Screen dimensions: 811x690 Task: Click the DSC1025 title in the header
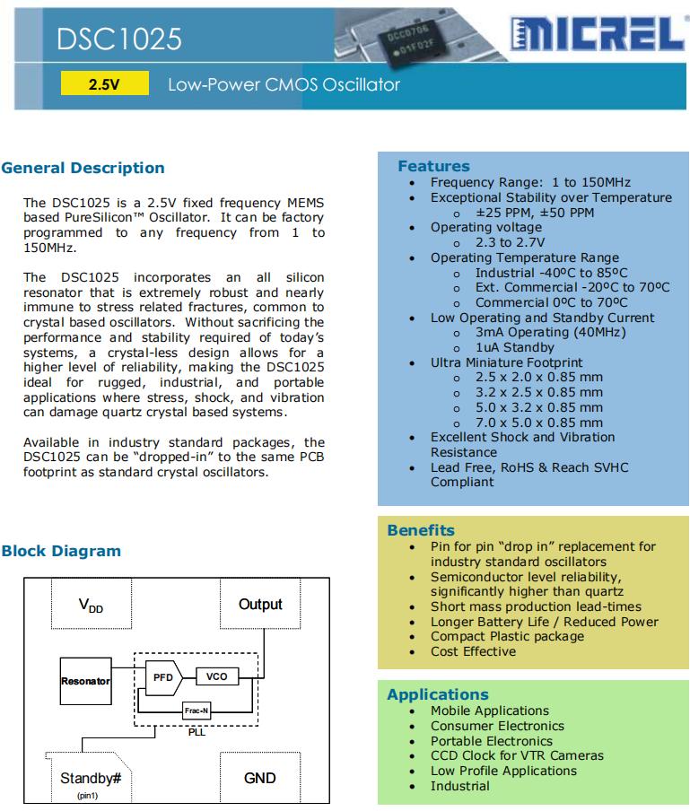coord(119,39)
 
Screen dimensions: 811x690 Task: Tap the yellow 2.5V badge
coord(104,85)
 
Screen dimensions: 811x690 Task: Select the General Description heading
coord(83,168)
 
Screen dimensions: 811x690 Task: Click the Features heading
coord(433,166)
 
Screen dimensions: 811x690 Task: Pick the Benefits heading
coord(421,530)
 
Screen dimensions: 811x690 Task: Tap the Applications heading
coord(438,694)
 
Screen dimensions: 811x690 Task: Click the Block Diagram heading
coord(61,551)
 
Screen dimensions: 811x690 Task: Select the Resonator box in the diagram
coord(85,681)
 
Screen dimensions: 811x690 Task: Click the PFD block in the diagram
coord(162,677)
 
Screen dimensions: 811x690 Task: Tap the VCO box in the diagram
coord(217,676)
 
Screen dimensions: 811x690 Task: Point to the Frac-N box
coord(197,710)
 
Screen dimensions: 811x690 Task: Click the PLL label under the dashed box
coord(197,732)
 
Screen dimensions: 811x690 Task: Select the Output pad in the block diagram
coord(260,605)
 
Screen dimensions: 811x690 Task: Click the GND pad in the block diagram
coord(260,778)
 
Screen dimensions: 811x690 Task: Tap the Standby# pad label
coord(91,778)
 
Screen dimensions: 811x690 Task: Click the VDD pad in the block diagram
coord(91,606)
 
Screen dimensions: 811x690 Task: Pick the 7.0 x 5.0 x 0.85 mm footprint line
coord(538,422)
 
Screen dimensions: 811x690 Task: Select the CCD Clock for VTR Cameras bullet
coord(517,755)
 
